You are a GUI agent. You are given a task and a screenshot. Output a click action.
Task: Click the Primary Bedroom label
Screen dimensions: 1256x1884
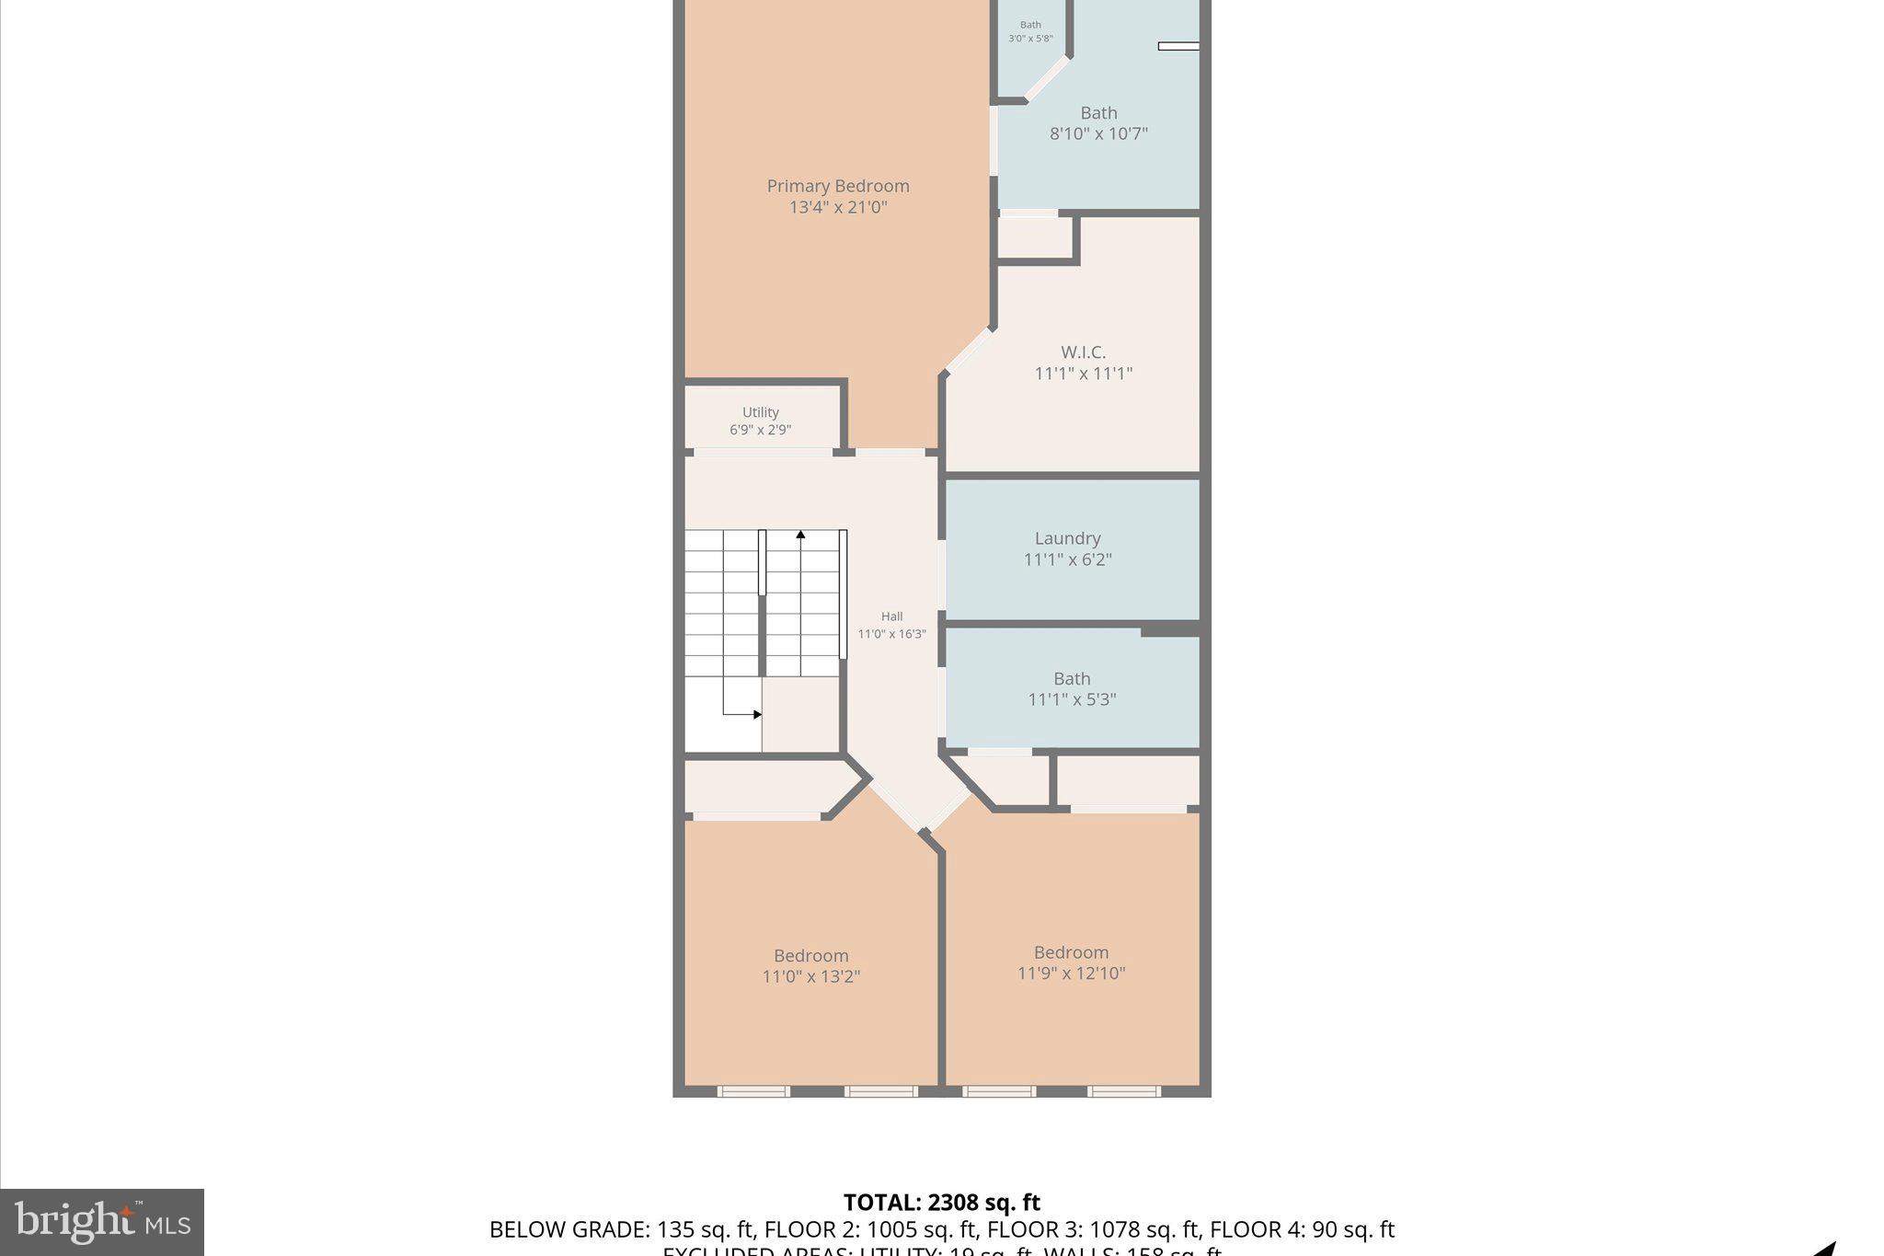tap(837, 186)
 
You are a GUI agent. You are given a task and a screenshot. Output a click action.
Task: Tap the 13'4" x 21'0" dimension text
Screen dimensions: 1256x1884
tap(837, 207)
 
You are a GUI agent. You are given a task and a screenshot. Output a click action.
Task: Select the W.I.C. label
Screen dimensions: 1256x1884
tap(1083, 351)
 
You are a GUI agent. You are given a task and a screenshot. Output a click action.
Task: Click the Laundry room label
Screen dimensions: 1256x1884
tap(1067, 538)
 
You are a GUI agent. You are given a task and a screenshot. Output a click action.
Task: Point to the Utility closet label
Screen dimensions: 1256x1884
tap(760, 412)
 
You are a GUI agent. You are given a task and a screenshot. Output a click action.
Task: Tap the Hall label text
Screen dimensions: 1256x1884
tap(891, 616)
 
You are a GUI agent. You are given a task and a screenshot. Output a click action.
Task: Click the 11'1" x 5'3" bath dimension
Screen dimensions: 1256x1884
tap(1072, 699)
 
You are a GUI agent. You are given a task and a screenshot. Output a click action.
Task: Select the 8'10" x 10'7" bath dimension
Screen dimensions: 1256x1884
tap(1098, 133)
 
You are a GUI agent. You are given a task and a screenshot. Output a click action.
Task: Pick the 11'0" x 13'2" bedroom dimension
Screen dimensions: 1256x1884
tap(810, 976)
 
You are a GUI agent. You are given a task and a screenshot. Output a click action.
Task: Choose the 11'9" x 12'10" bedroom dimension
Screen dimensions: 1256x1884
tap(1071, 973)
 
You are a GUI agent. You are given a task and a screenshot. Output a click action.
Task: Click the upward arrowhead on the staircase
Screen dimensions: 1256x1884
tap(800, 535)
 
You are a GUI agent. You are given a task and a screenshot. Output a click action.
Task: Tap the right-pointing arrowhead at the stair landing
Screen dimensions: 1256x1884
tap(757, 714)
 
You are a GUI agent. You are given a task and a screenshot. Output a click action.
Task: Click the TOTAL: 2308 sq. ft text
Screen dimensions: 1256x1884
tap(941, 1203)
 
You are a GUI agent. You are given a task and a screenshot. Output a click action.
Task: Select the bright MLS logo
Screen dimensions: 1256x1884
tap(102, 1222)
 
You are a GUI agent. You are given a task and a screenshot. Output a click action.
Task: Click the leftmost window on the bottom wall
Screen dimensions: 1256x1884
tap(752, 1091)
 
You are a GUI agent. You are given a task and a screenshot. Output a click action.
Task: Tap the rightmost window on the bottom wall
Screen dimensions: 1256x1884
tap(1123, 1091)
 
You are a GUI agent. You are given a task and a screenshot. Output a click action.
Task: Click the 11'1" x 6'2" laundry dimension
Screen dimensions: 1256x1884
tap(1067, 559)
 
